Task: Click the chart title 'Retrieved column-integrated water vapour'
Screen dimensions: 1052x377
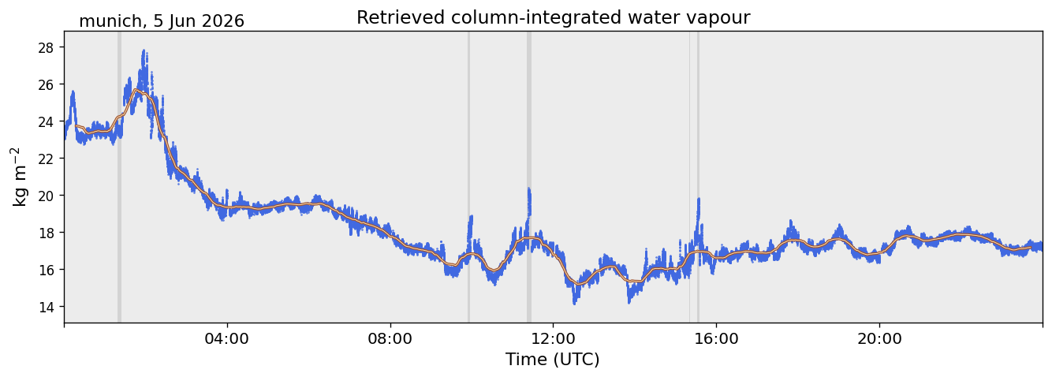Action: click(x=554, y=17)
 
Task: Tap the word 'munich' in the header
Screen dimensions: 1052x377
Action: click(x=110, y=21)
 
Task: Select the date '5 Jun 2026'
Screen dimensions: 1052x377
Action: click(x=200, y=21)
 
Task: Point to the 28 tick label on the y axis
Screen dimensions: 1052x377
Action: click(x=46, y=47)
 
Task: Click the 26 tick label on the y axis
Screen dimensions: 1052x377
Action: click(x=46, y=84)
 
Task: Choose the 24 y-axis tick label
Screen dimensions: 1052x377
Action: click(x=46, y=121)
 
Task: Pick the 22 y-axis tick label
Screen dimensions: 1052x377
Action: click(x=46, y=159)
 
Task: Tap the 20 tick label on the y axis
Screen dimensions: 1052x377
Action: click(x=46, y=196)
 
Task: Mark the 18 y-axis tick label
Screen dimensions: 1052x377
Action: click(x=46, y=233)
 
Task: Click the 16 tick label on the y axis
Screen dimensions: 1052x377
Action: click(x=46, y=270)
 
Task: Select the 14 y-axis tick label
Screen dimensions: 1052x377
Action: click(x=46, y=307)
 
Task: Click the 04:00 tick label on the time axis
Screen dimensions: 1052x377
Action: click(x=227, y=338)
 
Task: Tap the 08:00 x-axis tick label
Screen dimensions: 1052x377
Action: click(x=390, y=338)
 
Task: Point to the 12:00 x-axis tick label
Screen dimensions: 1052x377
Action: click(x=554, y=338)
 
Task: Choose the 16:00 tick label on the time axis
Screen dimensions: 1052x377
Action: click(x=716, y=338)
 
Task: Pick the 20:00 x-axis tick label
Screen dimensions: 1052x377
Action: click(x=879, y=338)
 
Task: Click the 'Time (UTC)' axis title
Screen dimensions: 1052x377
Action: click(x=553, y=360)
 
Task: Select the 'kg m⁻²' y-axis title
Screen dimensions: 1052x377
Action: click(x=19, y=177)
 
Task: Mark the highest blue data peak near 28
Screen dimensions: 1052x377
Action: click(x=144, y=51)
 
